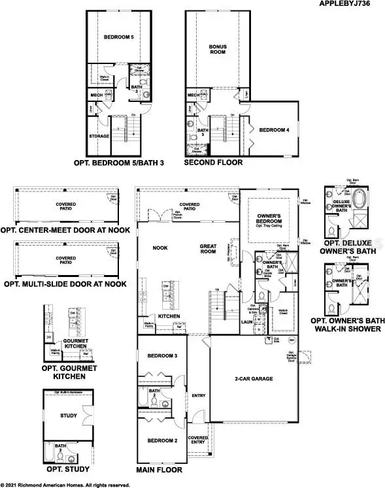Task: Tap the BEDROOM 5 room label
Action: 118,38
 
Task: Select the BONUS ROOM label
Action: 218,50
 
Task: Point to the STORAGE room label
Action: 99,137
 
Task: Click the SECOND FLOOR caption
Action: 213,162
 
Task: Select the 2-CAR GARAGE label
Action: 253,378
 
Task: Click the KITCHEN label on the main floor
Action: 169,316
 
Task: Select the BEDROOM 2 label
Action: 163,440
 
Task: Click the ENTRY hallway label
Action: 198,396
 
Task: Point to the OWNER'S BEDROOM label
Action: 269,218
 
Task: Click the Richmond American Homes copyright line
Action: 65,485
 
